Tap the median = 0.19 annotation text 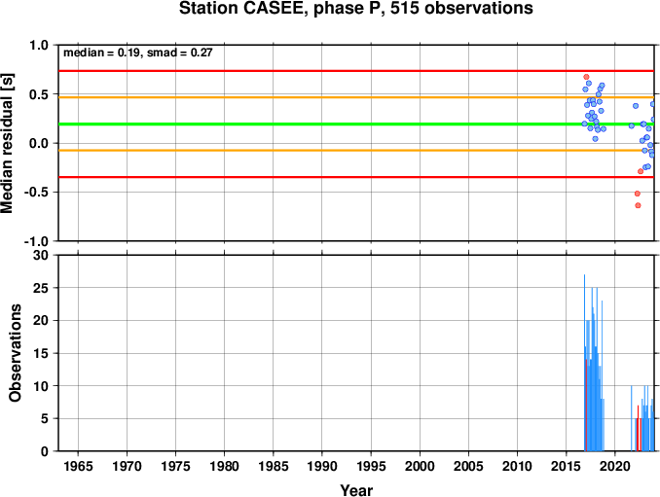tap(101, 53)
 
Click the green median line tap(356, 124)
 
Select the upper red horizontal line tap(356, 71)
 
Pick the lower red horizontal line tap(356, 177)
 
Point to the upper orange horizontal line tap(356, 97)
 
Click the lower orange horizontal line tap(356, 150)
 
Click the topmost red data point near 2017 tap(586, 77)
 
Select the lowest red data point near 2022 tap(639, 205)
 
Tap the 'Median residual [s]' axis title tap(7, 143)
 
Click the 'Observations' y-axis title tap(15, 353)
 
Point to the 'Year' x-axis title tap(356, 490)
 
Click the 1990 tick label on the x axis tap(322, 466)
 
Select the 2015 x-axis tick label tap(567, 466)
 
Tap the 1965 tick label tap(78, 466)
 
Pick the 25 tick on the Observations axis tap(41, 288)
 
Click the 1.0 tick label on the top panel tap(39, 45)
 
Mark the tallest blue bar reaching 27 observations tap(584, 363)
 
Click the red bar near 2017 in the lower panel tap(586, 406)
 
